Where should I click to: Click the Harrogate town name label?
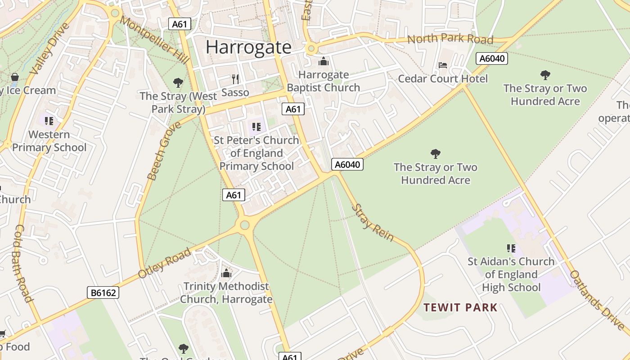tap(248, 47)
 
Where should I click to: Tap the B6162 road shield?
tap(103, 293)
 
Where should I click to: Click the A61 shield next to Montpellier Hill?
tap(180, 24)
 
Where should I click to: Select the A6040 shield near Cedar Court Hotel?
tap(492, 58)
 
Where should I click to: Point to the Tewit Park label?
tap(461, 308)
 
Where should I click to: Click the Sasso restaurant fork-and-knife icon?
tap(235, 79)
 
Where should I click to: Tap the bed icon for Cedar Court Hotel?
tap(443, 65)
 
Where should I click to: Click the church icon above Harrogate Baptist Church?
tap(323, 62)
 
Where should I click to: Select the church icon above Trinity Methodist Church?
tap(226, 273)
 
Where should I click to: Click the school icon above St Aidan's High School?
tap(511, 248)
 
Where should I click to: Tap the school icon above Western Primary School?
tap(49, 121)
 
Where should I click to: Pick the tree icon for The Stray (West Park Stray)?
tap(178, 83)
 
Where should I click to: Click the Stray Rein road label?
tap(372, 223)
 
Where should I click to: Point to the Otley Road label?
tap(164, 263)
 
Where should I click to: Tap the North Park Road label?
tap(450, 39)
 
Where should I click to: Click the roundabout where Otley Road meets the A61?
tap(245, 225)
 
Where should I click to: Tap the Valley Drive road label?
tap(49, 49)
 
